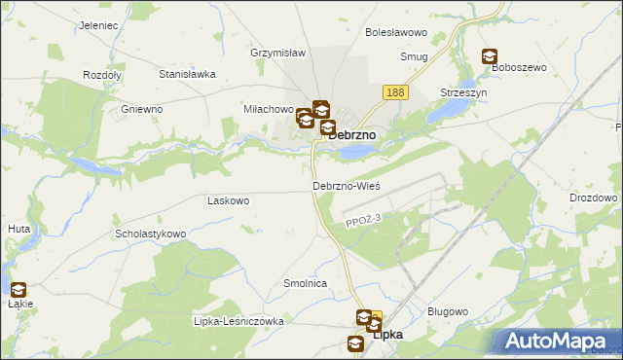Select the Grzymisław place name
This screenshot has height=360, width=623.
pos(278,53)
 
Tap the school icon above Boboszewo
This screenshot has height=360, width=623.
pos(489,57)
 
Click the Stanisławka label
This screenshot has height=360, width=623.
pos(187,73)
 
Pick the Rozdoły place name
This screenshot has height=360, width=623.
pos(101,75)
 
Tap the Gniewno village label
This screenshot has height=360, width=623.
pos(141,109)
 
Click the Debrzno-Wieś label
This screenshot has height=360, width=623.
pos(346,185)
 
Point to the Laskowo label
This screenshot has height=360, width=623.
pos(229,200)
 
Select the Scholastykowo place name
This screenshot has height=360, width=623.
pos(150,234)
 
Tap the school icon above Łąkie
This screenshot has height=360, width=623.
pos(18,289)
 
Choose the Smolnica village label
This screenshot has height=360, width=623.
pos(304,283)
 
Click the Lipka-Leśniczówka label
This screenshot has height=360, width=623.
pos(238,321)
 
